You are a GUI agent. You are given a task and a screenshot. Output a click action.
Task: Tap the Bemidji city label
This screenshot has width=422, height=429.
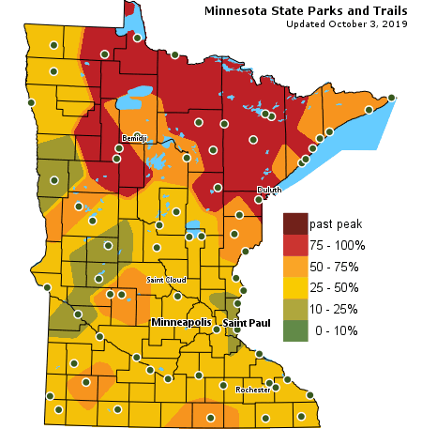point(135,139)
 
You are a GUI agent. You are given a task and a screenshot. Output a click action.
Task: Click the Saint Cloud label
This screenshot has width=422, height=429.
point(166,280)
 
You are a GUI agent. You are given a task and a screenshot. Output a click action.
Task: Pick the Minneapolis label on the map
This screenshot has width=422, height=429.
point(182,322)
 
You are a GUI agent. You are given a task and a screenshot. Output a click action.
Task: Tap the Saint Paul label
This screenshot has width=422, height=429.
point(247,323)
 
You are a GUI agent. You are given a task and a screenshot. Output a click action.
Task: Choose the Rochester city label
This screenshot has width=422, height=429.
point(252,390)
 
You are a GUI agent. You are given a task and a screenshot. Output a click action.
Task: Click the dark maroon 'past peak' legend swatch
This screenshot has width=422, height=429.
point(295,223)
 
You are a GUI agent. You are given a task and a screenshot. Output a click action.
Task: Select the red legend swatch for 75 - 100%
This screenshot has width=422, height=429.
point(295,245)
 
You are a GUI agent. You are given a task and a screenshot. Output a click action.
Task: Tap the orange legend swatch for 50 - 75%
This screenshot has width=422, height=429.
point(295,266)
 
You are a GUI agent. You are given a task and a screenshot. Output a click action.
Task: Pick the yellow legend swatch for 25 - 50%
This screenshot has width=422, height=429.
point(295,287)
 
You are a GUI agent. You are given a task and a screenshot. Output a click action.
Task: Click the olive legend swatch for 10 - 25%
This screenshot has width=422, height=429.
point(295,308)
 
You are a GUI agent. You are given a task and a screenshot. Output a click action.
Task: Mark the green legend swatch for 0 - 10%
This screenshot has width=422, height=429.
point(295,329)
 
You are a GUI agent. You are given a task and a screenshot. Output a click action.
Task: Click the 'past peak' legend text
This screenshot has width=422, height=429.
point(336,224)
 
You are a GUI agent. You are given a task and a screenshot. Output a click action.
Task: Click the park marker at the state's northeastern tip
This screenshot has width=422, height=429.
point(391,97)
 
